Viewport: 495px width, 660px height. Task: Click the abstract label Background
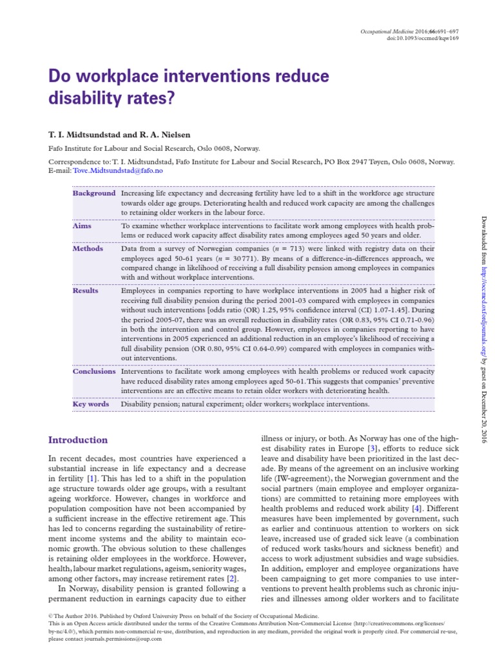[x=94, y=193]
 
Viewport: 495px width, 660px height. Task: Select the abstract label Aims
[x=82, y=226]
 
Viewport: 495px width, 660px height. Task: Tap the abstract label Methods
[x=88, y=248]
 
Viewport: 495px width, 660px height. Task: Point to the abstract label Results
[x=86, y=291]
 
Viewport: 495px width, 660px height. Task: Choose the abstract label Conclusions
[x=94, y=371]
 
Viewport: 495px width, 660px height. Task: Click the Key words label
[x=91, y=404]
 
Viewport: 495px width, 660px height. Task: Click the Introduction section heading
[x=78, y=440]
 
